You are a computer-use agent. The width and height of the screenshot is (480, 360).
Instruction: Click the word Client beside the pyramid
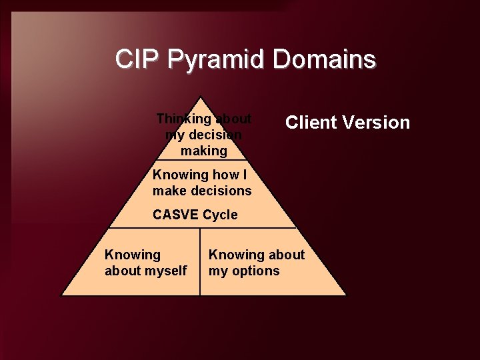(313, 123)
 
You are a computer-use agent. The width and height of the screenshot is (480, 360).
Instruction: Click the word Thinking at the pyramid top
(181, 119)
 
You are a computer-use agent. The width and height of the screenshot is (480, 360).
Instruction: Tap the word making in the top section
(203, 151)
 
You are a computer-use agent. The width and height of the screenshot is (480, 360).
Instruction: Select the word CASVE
(175, 215)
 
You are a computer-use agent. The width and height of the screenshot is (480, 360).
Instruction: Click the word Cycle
(220, 215)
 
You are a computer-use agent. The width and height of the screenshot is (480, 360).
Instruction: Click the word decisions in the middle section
(219, 191)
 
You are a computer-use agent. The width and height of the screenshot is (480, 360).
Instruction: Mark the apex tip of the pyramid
(203, 96)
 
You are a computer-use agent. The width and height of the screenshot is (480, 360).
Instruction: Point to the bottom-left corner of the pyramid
(61, 295)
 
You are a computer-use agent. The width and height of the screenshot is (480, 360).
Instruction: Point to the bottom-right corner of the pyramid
(346, 295)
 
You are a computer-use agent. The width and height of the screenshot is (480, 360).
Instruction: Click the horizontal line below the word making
(203, 161)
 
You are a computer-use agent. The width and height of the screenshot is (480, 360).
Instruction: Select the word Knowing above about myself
(133, 255)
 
